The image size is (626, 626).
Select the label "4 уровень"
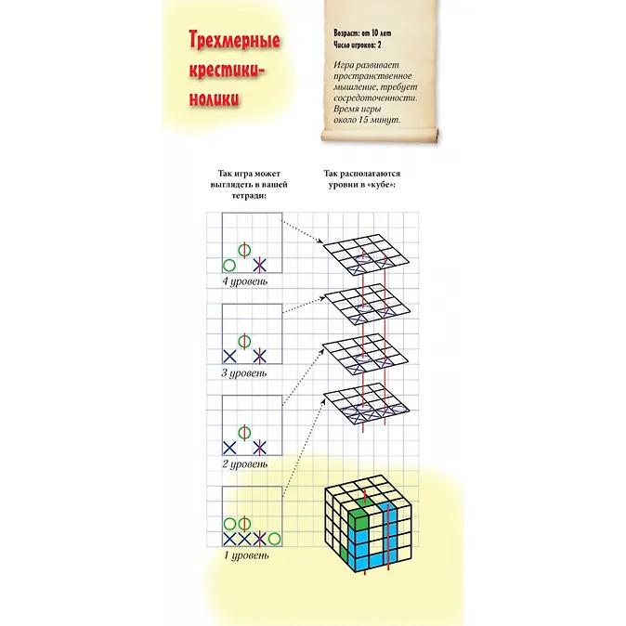point(244,280)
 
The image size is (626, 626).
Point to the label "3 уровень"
point(244,372)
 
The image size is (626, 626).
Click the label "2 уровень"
point(244,463)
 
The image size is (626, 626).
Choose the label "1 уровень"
point(245,555)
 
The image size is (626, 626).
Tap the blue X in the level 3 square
point(228,355)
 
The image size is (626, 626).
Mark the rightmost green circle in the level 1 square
point(274,537)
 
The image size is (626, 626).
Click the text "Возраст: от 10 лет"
point(365,33)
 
